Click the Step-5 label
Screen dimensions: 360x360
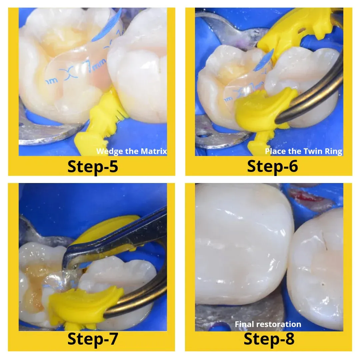[x=93, y=166]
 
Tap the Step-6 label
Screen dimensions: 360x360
[x=272, y=166]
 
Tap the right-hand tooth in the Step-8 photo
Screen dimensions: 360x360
[x=317, y=267]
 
